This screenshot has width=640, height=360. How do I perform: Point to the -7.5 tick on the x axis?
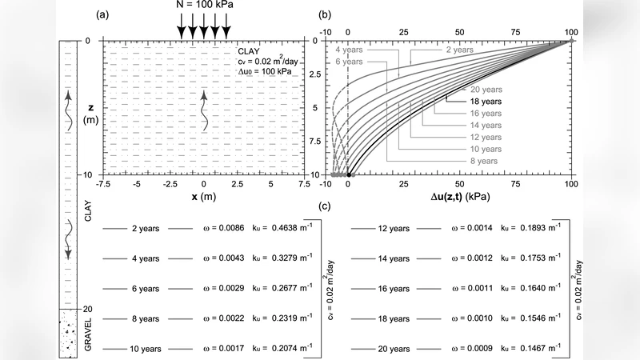point(103,184)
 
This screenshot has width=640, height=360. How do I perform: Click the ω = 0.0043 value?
point(221,258)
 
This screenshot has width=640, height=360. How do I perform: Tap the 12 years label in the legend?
point(394,228)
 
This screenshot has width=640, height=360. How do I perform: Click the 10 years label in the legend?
point(146,349)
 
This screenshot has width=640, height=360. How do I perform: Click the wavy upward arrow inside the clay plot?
point(203,110)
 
